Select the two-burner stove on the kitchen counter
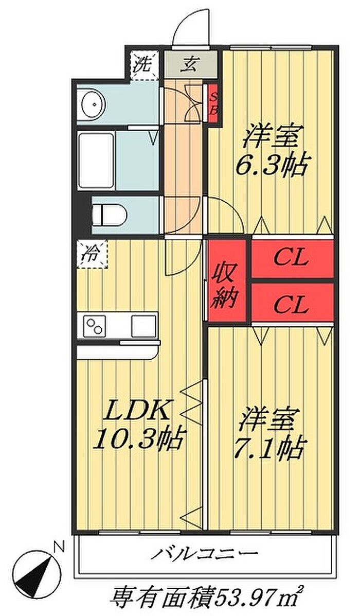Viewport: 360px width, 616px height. coord(96,326)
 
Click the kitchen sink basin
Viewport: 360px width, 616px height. coord(142,326)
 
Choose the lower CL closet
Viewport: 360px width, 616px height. coord(291,305)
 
